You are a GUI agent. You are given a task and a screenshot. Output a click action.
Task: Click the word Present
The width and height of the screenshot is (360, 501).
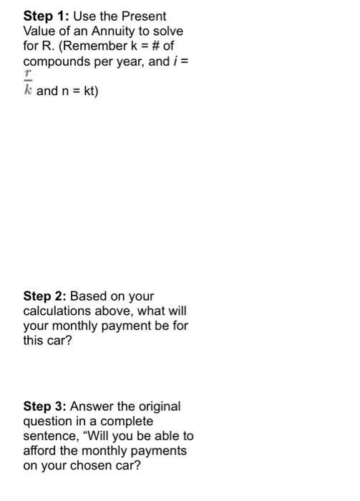point(147,16)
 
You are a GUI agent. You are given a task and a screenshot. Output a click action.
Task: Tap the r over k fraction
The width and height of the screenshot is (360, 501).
point(29,84)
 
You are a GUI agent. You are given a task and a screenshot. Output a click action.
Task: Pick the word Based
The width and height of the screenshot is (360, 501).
point(89,296)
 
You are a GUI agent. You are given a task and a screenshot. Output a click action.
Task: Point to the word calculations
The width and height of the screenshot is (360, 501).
point(56,311)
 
